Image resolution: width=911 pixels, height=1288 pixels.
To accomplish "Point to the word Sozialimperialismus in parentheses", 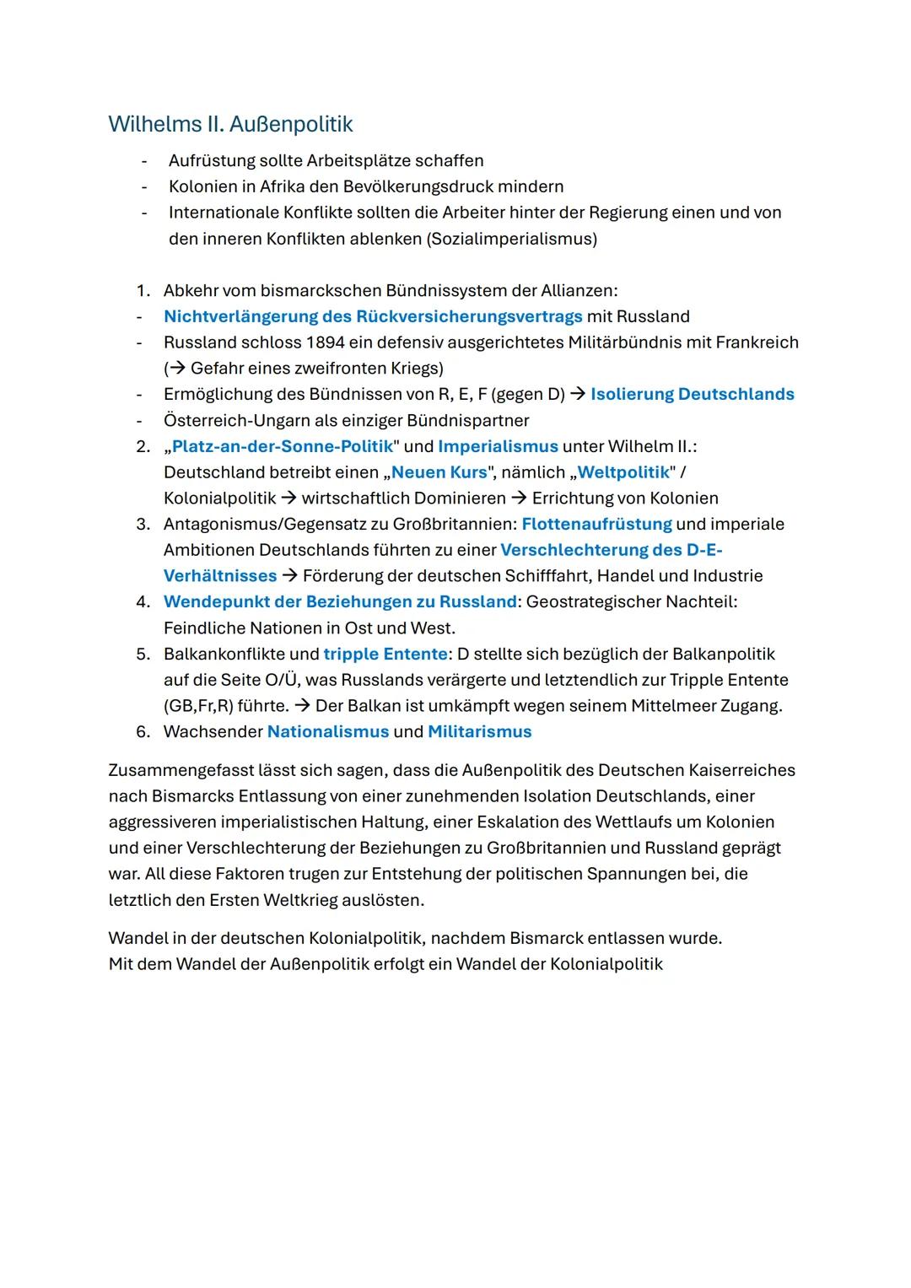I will (512, 239).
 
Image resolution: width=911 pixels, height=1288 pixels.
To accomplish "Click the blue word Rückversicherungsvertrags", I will (469, 316).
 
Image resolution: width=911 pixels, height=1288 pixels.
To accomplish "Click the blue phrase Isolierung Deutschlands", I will (692, 394).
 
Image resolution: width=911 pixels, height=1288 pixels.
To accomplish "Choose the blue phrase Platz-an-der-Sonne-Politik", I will (283, 446).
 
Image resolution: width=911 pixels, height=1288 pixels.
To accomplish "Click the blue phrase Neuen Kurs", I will (439, 472).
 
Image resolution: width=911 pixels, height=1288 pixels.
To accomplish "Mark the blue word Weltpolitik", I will (623, 472).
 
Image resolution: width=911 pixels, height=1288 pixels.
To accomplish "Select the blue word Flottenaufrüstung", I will (596, 524).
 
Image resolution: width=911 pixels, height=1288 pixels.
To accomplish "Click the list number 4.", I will (143, 601).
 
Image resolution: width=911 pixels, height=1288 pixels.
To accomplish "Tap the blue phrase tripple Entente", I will (385, 654).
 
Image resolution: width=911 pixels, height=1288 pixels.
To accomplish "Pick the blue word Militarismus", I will (479, 731).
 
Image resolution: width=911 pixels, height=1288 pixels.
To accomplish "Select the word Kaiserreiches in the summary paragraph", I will (739, 770).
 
